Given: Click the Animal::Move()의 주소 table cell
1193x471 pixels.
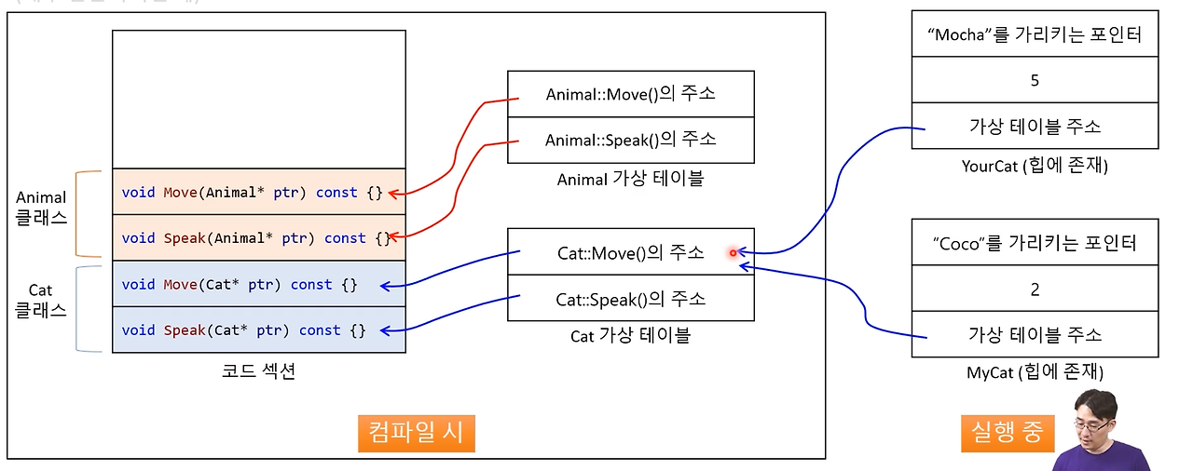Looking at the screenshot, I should pos(630,94).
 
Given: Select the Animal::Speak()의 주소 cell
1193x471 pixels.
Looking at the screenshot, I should pos(630,140).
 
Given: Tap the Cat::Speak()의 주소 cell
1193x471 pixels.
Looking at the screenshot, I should pos(630,299).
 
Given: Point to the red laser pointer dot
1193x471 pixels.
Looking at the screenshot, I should pos(734,252).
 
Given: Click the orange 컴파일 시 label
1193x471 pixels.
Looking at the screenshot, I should pos(416,433).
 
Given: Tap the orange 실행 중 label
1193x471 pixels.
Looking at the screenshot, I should pos(1006,433).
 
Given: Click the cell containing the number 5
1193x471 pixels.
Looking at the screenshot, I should pos(1035,80).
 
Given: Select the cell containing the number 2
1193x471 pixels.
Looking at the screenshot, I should pos(1035,289).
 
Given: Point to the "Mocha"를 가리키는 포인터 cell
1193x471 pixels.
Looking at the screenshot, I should pos(1035,36).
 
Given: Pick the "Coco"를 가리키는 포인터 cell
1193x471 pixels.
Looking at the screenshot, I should pos(1035,243).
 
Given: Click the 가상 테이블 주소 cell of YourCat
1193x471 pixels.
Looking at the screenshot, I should pos(1035,127).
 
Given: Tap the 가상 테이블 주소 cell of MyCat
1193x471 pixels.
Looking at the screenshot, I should pos(1035,335).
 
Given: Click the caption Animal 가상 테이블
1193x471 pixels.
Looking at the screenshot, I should pos(630,179).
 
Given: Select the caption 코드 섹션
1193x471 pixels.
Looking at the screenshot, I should pos(258,370).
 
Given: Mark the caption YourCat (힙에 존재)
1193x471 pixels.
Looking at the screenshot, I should pos(1035,166).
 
